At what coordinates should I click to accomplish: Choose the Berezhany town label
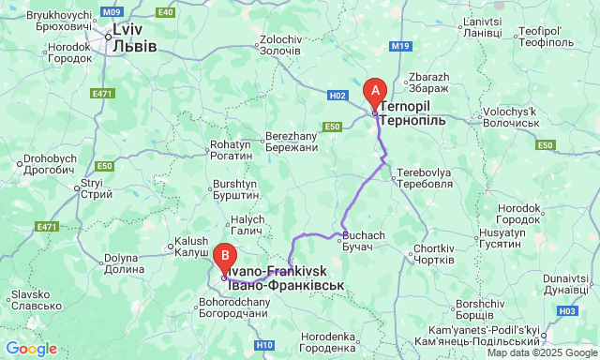[x=292, y=142]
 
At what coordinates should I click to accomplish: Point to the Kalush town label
[x=191, y=247]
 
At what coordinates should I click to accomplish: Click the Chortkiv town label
[x=433, y=253]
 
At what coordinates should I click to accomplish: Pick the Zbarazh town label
[x=429, y=82]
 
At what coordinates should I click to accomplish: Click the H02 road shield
[x=338, y=96]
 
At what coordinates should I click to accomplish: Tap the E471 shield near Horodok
[x=103, y=94]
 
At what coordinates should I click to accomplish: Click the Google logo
[x=31, y=349]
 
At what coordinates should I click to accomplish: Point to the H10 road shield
[x=264, y=345]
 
